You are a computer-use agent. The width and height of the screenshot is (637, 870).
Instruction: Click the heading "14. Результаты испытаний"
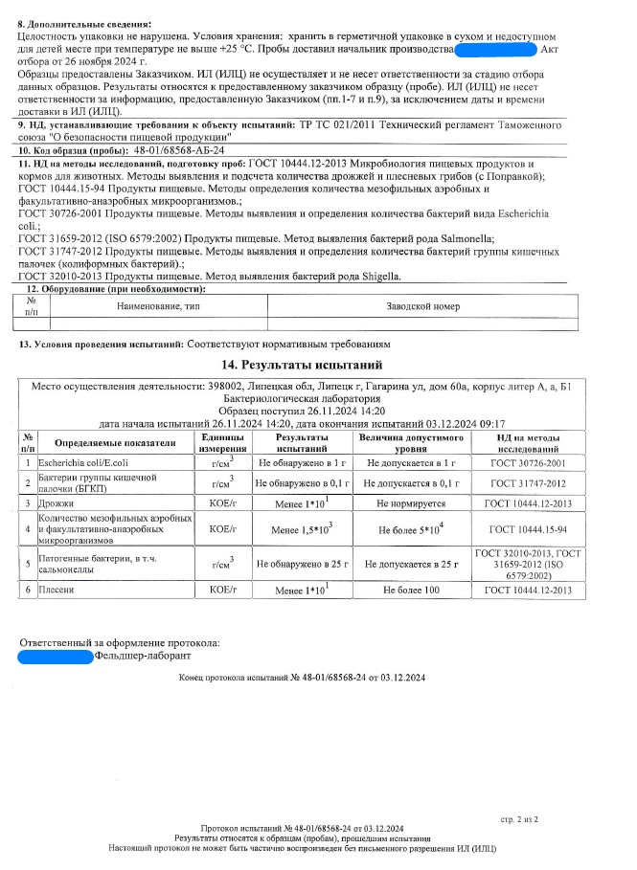pos(302,365)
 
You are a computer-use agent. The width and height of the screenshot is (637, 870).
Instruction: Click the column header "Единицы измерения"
pos(222,442)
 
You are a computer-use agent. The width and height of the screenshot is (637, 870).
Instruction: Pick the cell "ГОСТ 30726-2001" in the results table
pos(530,462)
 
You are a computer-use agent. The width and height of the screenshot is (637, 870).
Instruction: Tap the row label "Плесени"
pos(57,591)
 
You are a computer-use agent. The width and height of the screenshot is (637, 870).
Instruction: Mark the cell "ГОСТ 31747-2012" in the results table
pos(530,482)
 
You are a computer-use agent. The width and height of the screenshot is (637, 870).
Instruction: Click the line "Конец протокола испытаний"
pos(302,679)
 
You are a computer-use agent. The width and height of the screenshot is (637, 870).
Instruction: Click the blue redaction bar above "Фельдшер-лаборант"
pos(55,657)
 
